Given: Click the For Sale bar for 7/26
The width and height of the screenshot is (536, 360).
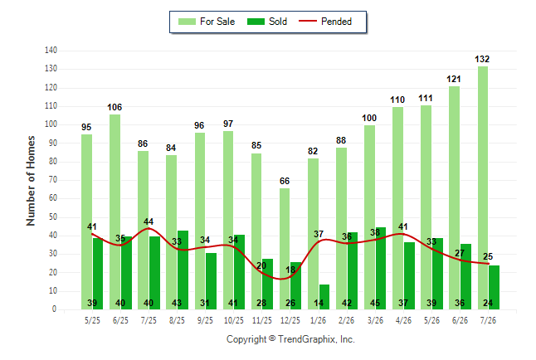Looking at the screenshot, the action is [483, 187].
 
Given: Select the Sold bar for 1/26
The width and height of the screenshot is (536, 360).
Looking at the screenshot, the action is [324, 297].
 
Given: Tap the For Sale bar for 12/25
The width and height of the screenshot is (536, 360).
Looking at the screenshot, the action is [285, 249].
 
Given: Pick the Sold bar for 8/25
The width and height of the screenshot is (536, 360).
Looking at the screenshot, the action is [183, 270].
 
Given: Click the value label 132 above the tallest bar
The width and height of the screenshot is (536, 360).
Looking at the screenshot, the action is [482, 59].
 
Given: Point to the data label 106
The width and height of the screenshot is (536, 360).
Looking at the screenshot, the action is [115, 107].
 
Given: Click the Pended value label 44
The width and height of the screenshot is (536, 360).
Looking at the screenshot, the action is [149, 221].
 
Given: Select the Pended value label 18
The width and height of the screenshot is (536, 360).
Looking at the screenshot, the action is [290, 270].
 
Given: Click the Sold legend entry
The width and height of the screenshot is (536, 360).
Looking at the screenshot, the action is [267, 22].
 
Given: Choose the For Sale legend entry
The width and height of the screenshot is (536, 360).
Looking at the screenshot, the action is [207, 22].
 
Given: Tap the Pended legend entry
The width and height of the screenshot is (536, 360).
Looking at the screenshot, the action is [325, 22].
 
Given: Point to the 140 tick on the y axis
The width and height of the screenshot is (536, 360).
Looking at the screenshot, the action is [51, 51].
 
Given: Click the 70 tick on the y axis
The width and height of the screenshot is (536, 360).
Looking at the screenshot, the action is [52, 180].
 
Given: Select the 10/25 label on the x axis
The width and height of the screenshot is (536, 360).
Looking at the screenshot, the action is [234, 320].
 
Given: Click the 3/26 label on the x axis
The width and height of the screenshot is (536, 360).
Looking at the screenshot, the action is [375, 320].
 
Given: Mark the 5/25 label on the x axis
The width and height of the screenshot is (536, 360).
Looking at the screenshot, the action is [92, 320].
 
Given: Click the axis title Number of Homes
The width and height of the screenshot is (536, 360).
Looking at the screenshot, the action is [31, 181].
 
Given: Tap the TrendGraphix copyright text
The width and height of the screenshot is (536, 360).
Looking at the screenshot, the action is [290, 339].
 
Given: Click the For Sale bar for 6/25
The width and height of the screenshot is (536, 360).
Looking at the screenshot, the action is [115, 212].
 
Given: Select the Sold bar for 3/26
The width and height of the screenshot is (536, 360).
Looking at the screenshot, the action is [381, 269].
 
